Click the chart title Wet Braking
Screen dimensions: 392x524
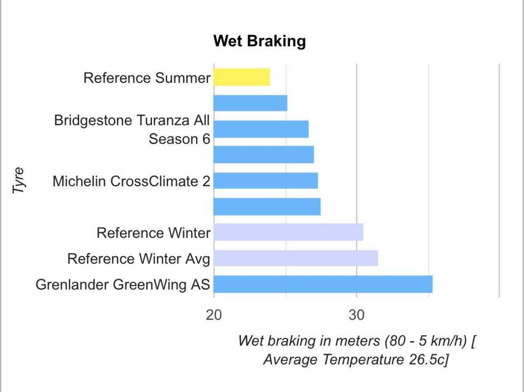click(259, 41)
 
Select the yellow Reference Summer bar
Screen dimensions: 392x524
click(242, 77)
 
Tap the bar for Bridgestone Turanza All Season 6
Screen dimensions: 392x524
click(261, 129)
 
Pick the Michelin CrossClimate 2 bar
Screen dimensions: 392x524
click(266, 181)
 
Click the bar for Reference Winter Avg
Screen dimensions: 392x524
click(296, 258)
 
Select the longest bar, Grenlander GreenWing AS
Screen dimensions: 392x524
click(323, 284)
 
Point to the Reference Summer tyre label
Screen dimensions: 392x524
click(147, 78)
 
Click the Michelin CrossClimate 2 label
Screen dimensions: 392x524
click(131, 182)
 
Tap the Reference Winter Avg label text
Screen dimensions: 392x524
click(139, 259)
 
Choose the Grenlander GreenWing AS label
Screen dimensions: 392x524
click(123, 284)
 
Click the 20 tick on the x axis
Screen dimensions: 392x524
click(214, 316)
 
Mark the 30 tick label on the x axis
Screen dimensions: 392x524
click(356, 316)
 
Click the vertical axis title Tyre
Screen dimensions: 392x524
click(19, 181)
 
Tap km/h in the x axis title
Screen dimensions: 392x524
click(445, 341)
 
